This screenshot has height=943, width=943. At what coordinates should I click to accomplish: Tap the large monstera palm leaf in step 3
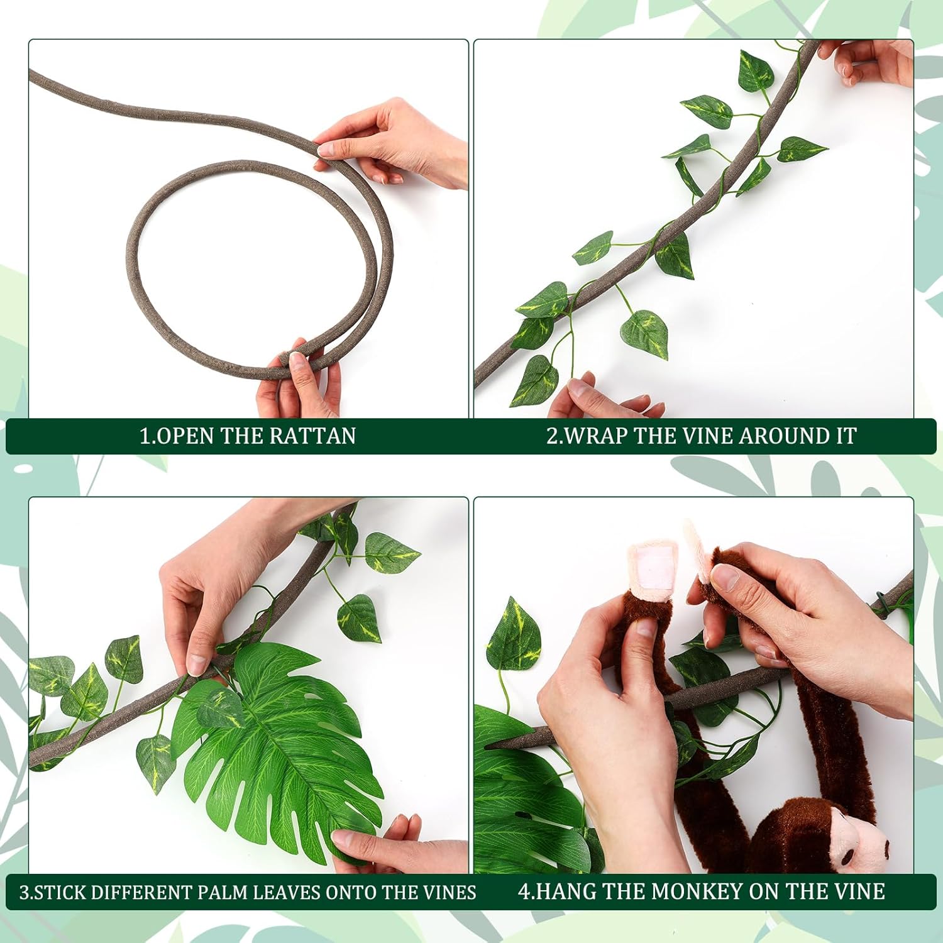pos(283,742)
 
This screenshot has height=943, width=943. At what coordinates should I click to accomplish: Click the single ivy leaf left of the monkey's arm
pos(514,635)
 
